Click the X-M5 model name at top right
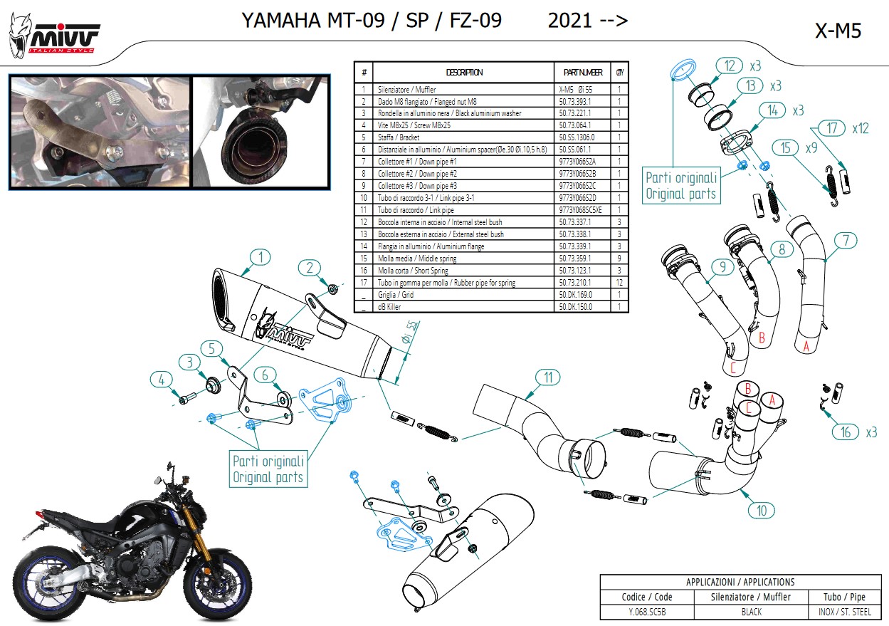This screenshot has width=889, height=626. pos(837,31)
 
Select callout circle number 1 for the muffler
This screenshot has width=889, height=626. pos(261,258)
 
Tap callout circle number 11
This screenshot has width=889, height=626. pos(547,377)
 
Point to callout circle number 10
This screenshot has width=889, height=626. pos(762,510)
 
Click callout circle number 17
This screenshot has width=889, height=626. pos(832,129)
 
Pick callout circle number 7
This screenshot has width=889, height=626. pos(845,241)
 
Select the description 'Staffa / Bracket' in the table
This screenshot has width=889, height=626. pos(399,137)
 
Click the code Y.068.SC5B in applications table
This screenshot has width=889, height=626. pos(646,612)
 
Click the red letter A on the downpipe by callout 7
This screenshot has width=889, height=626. pos(806,347)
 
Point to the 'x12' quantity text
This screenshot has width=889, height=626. pos(861,129)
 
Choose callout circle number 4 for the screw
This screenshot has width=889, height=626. pos(162,380)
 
